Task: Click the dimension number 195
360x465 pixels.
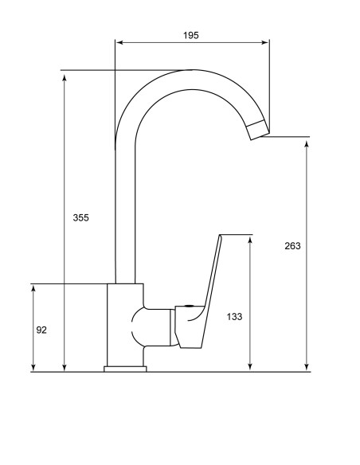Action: [x=190, y=35]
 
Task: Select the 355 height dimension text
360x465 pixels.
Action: [x=80, y=217]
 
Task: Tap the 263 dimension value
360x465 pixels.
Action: [x=292, y=246]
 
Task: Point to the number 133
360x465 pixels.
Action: [x=234, y=317]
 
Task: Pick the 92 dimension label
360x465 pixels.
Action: [x=41, y=330]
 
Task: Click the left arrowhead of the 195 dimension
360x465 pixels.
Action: [x=119, y=42]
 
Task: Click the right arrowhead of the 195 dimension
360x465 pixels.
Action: [x=265, y=42]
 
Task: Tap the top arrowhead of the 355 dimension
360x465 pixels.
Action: [x=64, y=78]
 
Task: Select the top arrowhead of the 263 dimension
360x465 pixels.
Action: [x=307, y=144]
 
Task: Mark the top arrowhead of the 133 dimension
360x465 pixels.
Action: [x=250, y=240]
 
